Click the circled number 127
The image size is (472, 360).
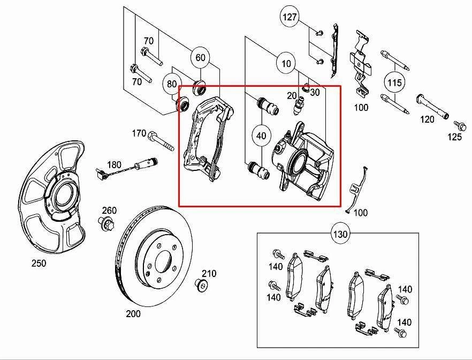290,17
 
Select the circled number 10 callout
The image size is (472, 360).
286,64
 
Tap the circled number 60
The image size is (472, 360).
200,57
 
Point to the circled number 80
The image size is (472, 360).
171,84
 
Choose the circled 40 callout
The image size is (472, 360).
261,136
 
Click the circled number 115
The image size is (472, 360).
394,82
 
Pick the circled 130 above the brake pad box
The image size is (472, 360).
341,234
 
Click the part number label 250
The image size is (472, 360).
39,263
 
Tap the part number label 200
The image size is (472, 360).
133,314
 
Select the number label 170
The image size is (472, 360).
139,133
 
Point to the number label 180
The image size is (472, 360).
114,165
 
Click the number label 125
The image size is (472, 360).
454,138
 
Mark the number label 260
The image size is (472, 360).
109,209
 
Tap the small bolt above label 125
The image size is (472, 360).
459,124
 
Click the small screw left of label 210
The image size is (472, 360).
201,284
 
